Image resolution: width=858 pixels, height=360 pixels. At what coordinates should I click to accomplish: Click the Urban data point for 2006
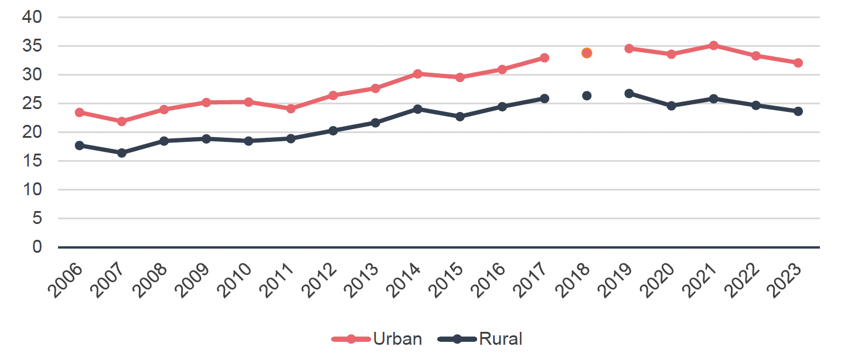click(79, 112)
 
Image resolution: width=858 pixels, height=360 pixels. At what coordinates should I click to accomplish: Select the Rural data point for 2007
click(122, 152)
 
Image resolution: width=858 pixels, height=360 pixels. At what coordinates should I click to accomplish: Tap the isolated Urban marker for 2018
click(587, 53)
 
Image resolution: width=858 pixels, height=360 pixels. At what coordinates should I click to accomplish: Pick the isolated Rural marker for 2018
click(587, 96)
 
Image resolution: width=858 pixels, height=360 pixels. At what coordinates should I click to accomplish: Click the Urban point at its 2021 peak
click(713, 45)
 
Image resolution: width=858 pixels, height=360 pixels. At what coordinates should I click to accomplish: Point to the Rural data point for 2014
click(418, 108)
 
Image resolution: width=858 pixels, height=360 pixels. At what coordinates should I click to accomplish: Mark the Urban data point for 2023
click(798, 63)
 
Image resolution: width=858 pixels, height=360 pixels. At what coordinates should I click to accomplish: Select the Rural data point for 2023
click(798, 111)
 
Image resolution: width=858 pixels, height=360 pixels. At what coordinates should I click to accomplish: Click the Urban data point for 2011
click(291, 108)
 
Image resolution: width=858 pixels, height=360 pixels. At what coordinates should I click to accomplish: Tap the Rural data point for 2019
click(629, 93)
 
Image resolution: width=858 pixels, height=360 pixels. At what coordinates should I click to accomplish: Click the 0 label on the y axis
click(38, 247)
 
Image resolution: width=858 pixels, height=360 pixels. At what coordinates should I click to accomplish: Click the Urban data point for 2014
click(418, 74)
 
